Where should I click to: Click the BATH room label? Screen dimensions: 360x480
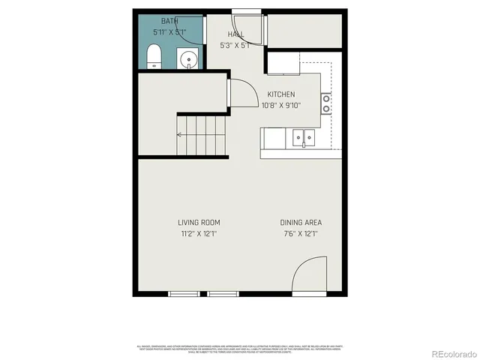click(x=169, y=21)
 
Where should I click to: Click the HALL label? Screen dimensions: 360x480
click(x=236, y=34)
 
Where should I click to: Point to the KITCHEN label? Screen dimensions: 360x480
click(x=281, y=94)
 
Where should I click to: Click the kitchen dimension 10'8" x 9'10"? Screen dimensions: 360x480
click(x=281, y=105)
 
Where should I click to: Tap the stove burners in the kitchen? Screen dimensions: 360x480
click(x=327, y=103)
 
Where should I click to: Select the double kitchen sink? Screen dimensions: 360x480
click(x=304, y=137)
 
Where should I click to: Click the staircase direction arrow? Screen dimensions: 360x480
click(x=180, y=135)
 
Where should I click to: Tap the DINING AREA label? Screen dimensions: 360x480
click(x=301, y=222)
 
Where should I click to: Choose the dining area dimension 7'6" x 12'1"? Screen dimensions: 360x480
click(x=301, y=233)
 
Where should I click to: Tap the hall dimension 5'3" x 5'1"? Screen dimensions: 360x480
click(x=236, y=45)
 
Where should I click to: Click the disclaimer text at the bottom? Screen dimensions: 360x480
click(x=240, y=349)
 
